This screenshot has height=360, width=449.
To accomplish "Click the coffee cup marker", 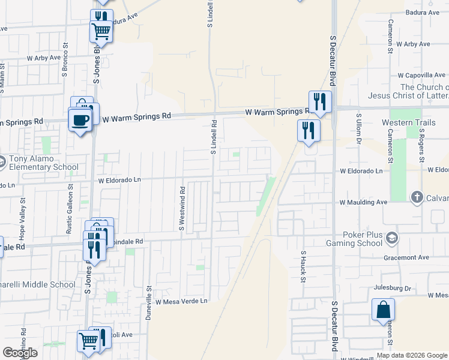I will tap(80, 120).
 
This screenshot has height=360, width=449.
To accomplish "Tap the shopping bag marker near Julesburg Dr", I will tap(383, 310).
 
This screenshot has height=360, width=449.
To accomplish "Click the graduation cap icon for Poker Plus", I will tap(393, 238).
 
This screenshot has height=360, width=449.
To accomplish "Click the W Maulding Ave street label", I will tap(363, 203).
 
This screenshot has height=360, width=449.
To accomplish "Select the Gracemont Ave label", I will tap(406, 257).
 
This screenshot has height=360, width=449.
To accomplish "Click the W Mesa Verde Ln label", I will tap(181, 301).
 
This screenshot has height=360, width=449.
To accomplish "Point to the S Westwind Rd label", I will tap(181, 208).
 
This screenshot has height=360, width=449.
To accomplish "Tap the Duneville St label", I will tap(149, 302).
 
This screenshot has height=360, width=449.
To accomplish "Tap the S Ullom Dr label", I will tap(358, 130).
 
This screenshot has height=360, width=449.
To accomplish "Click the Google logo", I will tap(20, 352).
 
